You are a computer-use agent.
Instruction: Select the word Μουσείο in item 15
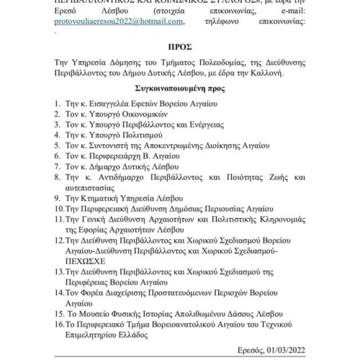click(x=105, y=315)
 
